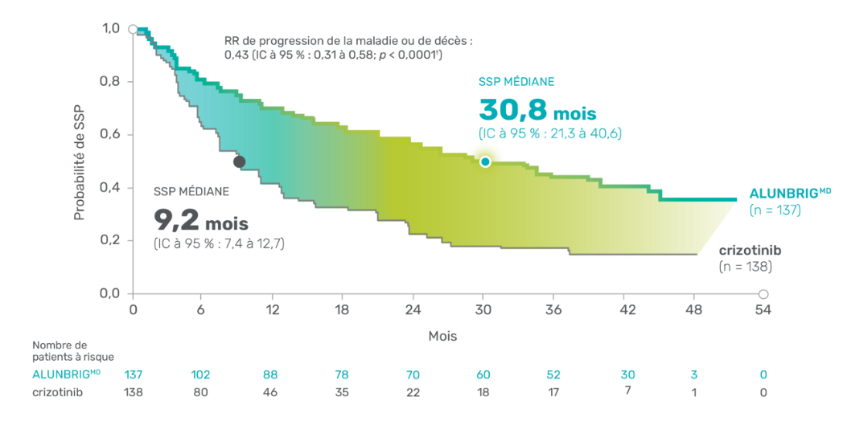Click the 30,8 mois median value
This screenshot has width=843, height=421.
pyautogui.click(x=537, y=110)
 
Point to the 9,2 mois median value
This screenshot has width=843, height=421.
pyautogui.click(x=201, y=219)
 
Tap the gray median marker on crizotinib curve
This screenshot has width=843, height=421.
pyautogui.click(x=238, y=161)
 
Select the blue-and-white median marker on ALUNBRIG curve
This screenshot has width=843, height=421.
pyautogui.click(x=485, y=161)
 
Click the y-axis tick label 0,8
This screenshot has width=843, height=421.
pyautogui.click(x=110, y=82)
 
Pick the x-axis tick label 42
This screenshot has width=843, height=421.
pyautogui.click(x=623, y=310)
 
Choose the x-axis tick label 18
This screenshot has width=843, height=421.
pyautogui.click(x=342, y=310)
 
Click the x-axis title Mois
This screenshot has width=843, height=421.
pyautogui.click(x=442, y=337)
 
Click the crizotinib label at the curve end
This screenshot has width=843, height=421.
pyautogui.click(x=750, y=250)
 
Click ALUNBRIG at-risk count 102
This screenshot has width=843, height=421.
pyautogui.click(x=201, y=374)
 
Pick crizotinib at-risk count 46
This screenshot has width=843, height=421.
pyautogui.click(x=271, y=392)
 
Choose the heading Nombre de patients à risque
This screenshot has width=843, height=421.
pyautogui.click(x=72, y=350)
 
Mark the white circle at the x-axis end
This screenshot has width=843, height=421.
pyautogui.click(x=763, y=293)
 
